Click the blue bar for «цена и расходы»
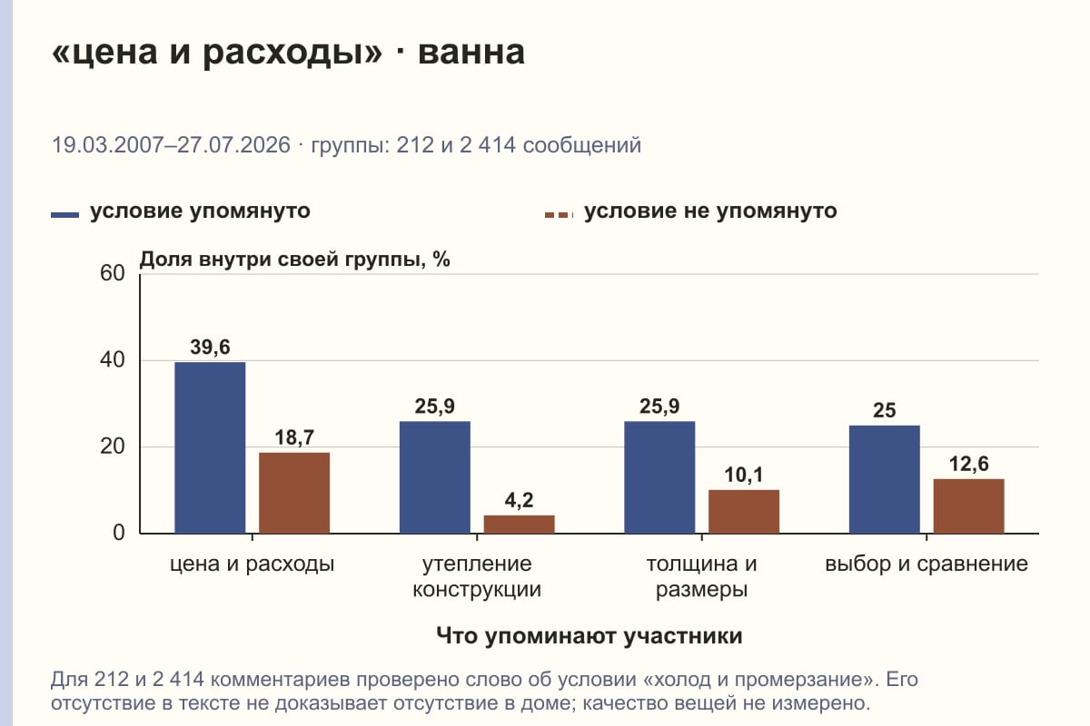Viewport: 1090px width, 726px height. (x=210, y=447)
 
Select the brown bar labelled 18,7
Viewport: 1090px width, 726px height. (x=294, y=493)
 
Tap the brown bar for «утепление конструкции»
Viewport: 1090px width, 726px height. (x=519, y=525)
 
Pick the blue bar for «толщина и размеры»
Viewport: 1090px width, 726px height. (x=659, y=477)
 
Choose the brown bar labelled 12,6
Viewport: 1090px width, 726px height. (x=968, y=505)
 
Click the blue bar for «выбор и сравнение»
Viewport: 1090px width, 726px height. (x=884, y=479)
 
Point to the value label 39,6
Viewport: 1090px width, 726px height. (x=210, y=348)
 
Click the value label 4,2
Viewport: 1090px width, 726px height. (x=519, y=500)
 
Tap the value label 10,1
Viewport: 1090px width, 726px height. (x=744, y=476)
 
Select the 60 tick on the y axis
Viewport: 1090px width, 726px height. (x=113, y=273)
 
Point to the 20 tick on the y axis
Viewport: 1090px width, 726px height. (x=113, y=446)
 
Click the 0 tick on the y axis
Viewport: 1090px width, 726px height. (x=119, y=533)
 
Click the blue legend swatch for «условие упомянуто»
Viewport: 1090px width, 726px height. (x=64, y=215)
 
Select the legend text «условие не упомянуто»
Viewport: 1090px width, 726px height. (x=710, y=211)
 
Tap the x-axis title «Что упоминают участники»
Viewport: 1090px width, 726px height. (x=590, y=636)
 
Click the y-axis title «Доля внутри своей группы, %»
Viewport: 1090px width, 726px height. (x=294, y=260)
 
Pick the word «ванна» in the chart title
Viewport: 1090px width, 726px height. (x=471, y=52)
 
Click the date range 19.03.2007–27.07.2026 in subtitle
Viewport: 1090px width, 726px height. (x=171, y=145)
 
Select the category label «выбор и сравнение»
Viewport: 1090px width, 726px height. (x=926, y=564)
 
